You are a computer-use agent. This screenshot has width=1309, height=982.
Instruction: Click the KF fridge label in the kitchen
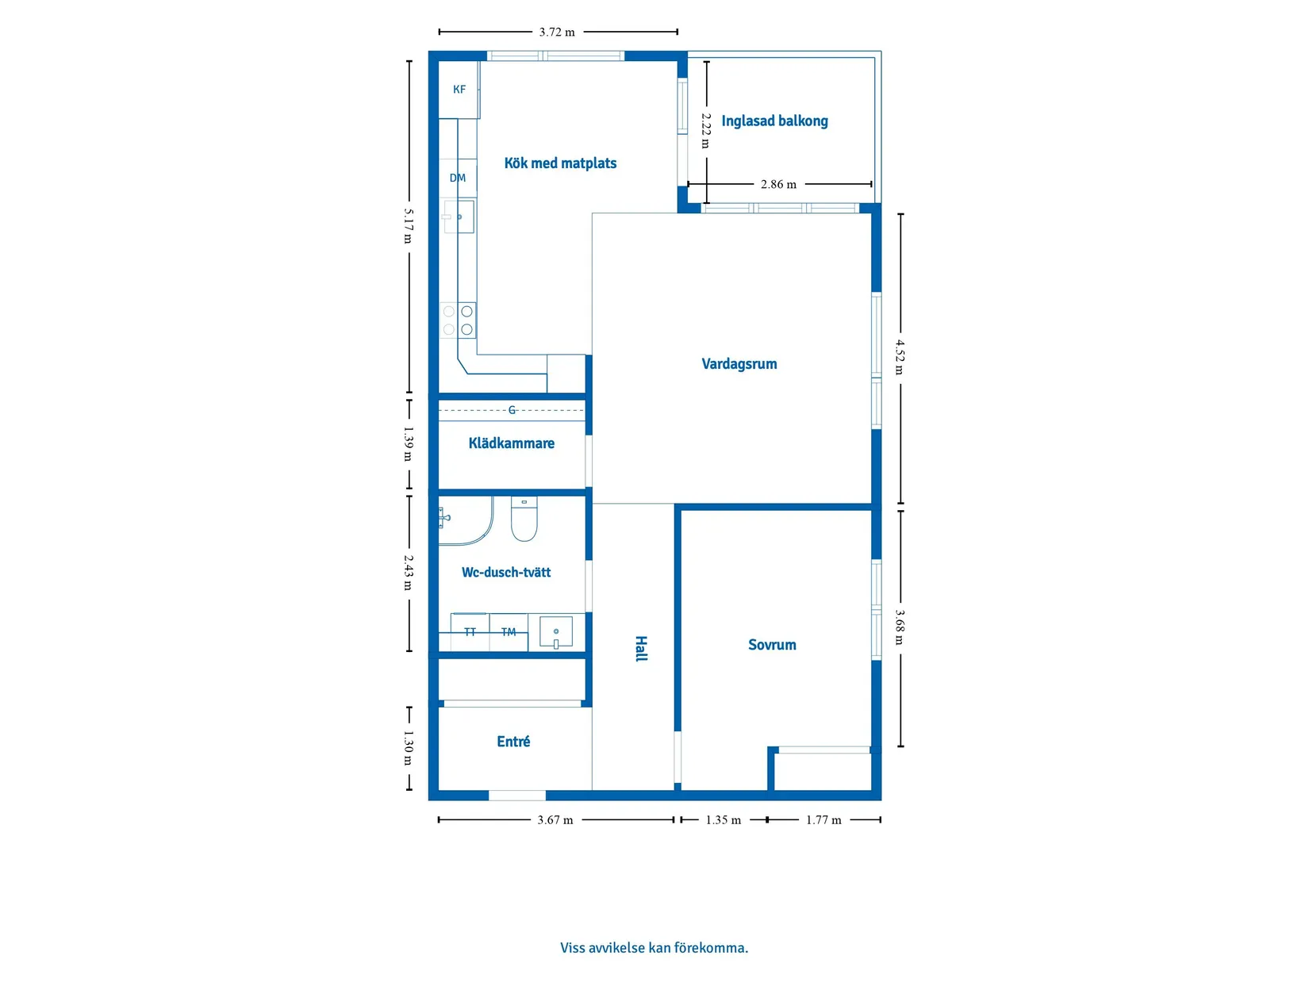pos(459,90)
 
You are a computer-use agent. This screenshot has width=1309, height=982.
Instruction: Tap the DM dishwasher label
pos(458,178)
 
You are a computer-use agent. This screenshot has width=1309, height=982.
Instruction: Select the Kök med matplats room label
pos(560,163)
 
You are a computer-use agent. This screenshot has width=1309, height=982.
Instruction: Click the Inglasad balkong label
pos(774,121)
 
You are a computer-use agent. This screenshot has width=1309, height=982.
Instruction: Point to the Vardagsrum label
pos(739,364)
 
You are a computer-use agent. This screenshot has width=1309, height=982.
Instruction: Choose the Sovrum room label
pos(772,645)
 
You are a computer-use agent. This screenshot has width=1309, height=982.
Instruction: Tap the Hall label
pos(640,649)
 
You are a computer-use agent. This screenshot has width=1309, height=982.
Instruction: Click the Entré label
pos(513,741)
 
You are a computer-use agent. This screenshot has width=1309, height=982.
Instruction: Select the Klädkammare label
pos(511,443)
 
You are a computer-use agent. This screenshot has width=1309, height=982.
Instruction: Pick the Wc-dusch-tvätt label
pos(505,573)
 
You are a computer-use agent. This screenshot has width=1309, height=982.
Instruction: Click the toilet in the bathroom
pos(524,519)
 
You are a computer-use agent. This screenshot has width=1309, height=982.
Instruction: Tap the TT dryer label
pos(470,632)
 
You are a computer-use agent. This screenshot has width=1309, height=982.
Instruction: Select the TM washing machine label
pos(508,632)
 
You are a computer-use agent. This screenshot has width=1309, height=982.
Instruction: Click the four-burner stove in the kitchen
pos(458,320)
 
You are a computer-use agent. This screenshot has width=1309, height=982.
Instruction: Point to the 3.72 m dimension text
pos(557,33)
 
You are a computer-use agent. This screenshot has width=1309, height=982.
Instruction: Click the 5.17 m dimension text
pos(409,226)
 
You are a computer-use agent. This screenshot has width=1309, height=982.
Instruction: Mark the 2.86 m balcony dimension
pos(778,184)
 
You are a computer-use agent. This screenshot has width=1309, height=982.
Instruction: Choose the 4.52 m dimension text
pos(900,357)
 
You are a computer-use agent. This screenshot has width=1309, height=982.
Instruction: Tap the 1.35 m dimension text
pos(724,820)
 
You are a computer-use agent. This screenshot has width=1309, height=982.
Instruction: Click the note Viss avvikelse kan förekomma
pos(654,947)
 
